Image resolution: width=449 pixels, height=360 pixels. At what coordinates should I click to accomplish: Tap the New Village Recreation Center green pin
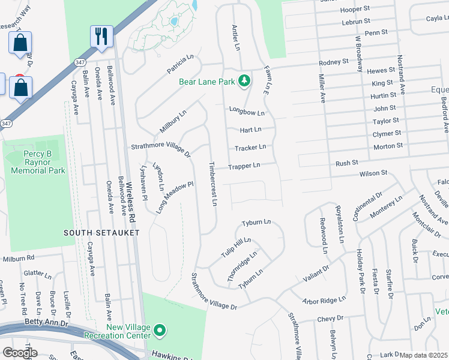(159, 331)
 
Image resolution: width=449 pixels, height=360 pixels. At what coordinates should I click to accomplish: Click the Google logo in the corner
(20, 353)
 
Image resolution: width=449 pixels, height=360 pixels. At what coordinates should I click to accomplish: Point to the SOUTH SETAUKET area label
(103, 232)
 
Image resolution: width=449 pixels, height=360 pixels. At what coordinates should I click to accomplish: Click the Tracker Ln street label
(250, 147)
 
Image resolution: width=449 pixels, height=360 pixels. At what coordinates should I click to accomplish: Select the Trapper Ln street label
(244, 165)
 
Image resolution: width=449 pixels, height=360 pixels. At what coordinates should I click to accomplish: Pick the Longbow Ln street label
(246, 112)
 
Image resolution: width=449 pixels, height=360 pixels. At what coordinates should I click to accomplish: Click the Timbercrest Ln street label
(212, 183)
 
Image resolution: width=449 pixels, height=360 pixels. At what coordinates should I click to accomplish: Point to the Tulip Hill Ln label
(235, 247)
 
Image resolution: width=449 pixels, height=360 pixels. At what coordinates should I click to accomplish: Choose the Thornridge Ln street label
(242, 263)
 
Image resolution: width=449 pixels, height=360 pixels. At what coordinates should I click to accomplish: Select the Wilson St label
(373, 173)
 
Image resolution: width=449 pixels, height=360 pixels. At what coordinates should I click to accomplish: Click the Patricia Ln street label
(181, 61)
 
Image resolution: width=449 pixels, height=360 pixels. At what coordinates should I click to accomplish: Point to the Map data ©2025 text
(424, 355)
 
